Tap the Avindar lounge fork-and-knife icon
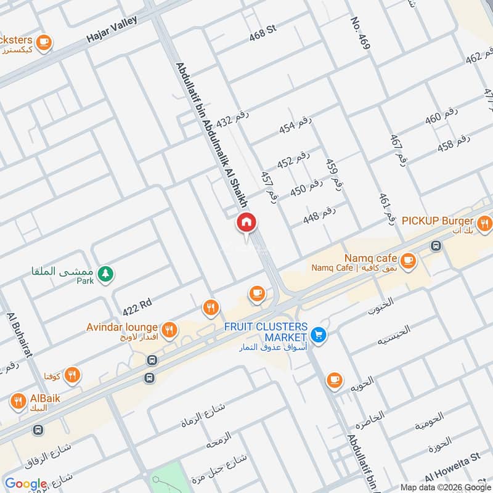point(170,330)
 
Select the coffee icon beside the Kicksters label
point(43,42)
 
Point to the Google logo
point(26,484)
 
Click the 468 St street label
point(262,34)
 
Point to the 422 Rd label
point(137,304)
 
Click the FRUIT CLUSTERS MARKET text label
point(266,332)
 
